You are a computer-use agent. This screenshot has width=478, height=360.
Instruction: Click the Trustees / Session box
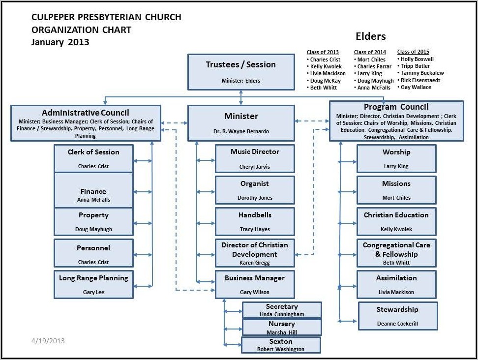tap(240, 72)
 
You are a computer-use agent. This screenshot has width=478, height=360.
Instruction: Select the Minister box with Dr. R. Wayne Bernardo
tap(240, 123)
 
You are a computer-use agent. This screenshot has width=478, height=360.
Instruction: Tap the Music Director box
tap(255, 158)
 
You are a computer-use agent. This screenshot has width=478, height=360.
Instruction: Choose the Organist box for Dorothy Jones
tap(255, 190)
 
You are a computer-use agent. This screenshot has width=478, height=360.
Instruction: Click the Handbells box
tap(255, 221)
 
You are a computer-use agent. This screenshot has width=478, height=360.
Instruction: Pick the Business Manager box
tap(255, 284)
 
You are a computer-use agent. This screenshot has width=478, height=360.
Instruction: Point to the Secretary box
tap(282, 310)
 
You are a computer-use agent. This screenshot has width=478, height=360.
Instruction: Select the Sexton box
tap(281, 345)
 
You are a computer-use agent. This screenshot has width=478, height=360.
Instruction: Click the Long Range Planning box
tap(93, 284)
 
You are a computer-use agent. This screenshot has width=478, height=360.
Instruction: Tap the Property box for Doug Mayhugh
tap(93, 221)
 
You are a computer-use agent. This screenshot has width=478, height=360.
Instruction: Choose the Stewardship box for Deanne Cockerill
tap(397, 316)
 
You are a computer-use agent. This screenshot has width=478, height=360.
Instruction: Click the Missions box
tap(396, 190)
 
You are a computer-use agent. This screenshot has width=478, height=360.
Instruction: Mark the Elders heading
tap(370, 36)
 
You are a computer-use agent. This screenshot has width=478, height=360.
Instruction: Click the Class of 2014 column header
tap(370, 52)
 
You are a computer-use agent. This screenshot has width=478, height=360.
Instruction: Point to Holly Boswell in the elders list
tap(417, 59)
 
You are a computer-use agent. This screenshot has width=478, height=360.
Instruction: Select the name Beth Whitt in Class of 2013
tap(323, 88)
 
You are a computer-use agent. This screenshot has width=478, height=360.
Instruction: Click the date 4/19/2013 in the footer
tap(48, 340)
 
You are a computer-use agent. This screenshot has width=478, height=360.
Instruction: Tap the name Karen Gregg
tap(254, 263)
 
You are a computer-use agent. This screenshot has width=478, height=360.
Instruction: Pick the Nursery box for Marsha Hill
tap(282, 328)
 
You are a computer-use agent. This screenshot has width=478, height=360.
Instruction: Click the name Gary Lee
tap(93, 292)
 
